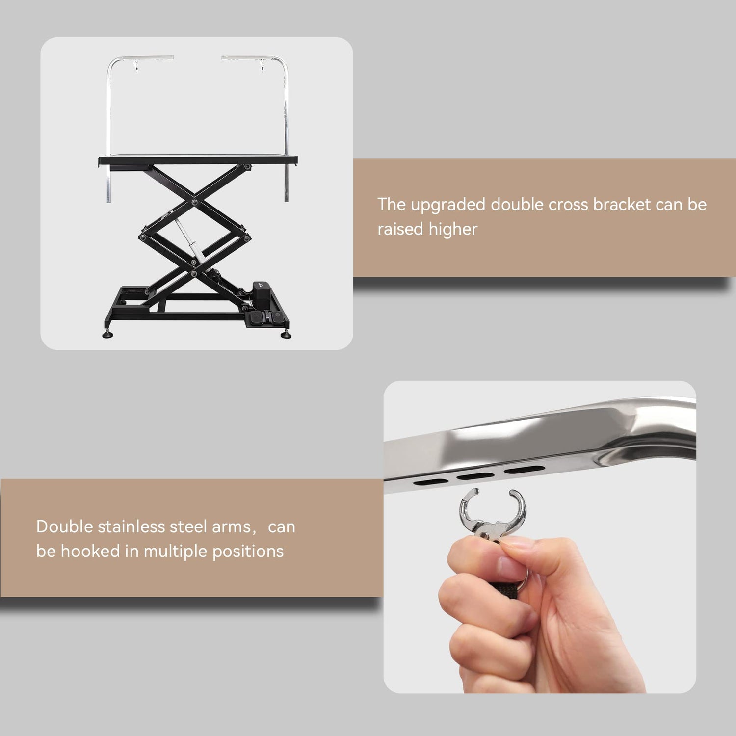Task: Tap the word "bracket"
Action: [622, 204]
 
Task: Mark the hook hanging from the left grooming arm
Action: [136, 66]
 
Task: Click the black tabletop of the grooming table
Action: [198, 160]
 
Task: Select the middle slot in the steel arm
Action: [475, 476]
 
